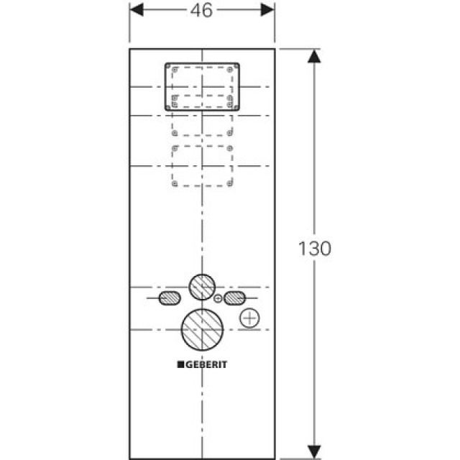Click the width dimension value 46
(202, 11)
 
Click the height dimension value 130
(314, 249)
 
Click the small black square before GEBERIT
(180, 364)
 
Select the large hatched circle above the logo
(202, 331)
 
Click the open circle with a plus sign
(249, 318)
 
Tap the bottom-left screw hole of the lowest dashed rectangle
(175, 184)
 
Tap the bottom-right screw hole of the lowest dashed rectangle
(229, 184)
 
